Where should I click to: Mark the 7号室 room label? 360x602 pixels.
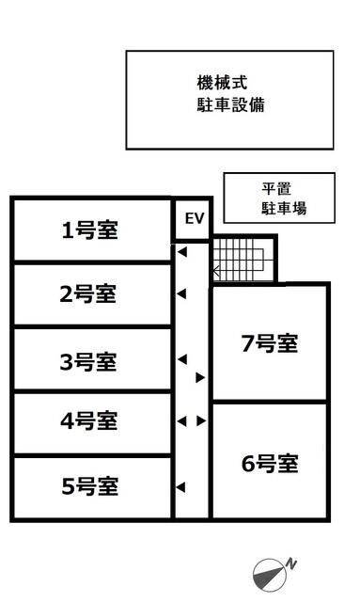coord(269,343)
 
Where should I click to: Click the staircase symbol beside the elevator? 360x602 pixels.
coord(242,259)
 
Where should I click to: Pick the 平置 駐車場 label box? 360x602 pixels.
coord(279,198)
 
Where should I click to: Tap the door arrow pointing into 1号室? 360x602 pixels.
coord(182,252)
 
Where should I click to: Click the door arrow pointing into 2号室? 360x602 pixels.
coord(182,294)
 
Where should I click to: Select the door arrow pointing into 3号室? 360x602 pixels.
coord(182,359)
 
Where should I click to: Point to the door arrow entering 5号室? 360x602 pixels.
coord(182,486)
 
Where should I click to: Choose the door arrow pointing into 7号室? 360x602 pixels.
coord(200,378)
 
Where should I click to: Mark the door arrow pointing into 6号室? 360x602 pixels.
coord(200,421)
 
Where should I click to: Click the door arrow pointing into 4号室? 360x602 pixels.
coord(182,421)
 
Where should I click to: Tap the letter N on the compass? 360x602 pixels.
coord(292,562)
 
